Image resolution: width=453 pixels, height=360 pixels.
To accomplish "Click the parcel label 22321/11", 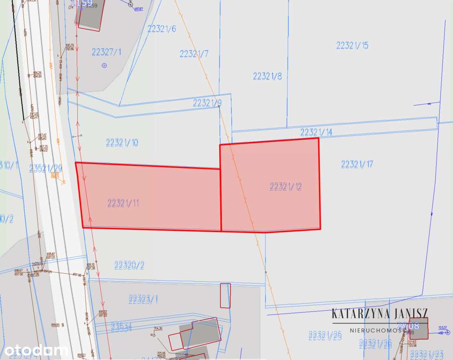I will [x=123, y=203].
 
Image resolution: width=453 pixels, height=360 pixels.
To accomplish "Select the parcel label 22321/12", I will [x=286, y=187].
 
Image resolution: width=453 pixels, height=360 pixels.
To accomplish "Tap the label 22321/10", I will [x=122, y=142].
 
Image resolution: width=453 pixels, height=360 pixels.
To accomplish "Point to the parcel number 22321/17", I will [x=357, y=164].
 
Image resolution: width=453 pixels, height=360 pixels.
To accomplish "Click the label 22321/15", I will [x=352, y=45].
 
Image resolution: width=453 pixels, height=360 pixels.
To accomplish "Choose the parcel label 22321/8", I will [x=267, y=76].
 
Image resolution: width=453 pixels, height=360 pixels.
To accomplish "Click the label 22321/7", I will [x=194, y=53].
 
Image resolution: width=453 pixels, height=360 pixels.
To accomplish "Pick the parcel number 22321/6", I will [x=161, y=29].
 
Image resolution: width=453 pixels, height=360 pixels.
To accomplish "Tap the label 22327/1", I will [x=106, y=52].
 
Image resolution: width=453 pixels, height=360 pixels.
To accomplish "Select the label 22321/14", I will [x=316, y=132].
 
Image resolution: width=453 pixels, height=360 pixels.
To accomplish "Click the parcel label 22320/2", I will [x=129, y=265].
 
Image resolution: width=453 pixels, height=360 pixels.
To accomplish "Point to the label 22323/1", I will [x=143, y=299].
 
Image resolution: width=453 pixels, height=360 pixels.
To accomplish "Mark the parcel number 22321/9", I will [x=207, y=103].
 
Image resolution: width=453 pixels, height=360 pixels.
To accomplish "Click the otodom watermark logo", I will [x=35, y=350].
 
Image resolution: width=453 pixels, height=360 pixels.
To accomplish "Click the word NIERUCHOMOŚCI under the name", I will [x=379, y=330].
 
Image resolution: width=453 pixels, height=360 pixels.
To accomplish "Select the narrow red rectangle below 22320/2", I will [x=225, y=295].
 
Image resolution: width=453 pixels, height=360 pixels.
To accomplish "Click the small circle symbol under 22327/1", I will [x=104, y=66].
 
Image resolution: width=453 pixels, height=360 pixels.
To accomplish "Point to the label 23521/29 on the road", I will [x=45, y=168].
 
